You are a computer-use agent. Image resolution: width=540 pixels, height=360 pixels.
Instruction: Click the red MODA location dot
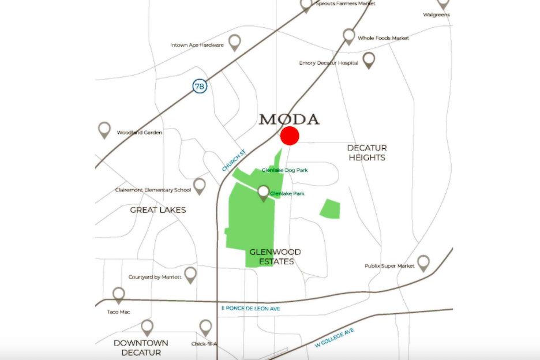(x=290, y=136)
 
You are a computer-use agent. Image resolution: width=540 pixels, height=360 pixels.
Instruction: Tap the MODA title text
(x=289, y=119)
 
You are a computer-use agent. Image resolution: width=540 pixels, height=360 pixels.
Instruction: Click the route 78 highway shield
(x=200, y=87)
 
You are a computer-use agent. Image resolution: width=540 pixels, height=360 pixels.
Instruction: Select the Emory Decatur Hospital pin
(x=368, y=60)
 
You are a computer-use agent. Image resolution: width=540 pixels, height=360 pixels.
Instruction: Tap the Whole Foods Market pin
(x=348, y=36)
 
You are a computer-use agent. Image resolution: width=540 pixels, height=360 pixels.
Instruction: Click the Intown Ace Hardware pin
(x=234, y=42)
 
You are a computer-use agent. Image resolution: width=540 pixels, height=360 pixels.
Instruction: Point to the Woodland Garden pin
(x=104, y=129)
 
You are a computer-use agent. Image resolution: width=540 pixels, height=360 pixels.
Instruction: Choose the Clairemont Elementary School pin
(x=200, y=186)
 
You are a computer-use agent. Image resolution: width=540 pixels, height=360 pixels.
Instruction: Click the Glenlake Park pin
(x=264, y=193)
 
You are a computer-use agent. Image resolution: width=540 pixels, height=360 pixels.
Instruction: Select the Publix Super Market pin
(x=423, y=262)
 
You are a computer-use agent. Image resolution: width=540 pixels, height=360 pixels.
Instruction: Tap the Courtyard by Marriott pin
(x=190, y=275)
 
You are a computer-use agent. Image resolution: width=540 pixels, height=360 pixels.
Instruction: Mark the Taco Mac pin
(x=118, y=295)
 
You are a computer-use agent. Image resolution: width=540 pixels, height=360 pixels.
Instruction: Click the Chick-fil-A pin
(x=205, y=328)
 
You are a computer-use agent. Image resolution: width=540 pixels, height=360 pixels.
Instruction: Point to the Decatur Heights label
(x=366, y=153)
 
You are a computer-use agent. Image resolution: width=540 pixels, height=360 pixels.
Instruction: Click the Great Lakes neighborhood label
(x=158, y=210)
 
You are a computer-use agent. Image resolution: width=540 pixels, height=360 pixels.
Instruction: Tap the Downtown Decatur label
(x=141, y=347)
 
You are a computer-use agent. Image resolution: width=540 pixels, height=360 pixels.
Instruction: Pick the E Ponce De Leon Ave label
(x=250, y=309)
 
